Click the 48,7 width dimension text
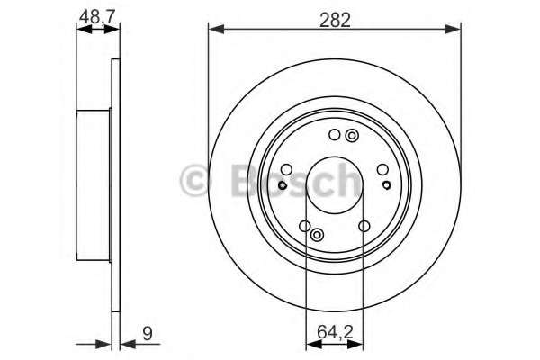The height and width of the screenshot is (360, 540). pyautogui.click(x=97, y=16)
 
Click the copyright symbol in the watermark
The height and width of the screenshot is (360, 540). pyautogui.click(x=194, y=180)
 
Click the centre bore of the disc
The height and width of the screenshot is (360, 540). pyautogui.click(x=335, y=184)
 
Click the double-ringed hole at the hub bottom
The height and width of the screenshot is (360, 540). pyautogui.click(x=317, y=235)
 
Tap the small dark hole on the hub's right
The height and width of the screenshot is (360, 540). pyautogui.click(x=386, y=184)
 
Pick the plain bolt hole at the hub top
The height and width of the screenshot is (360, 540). pyautogui.click(x=334, y=135)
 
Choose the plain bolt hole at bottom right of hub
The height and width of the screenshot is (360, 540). pyautogui.click(x=364, y=226)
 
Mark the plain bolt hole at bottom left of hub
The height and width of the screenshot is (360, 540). pyautogui.click(x=305, y=226)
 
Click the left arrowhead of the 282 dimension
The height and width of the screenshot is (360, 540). pyautogui.click(x=214, y=30)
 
